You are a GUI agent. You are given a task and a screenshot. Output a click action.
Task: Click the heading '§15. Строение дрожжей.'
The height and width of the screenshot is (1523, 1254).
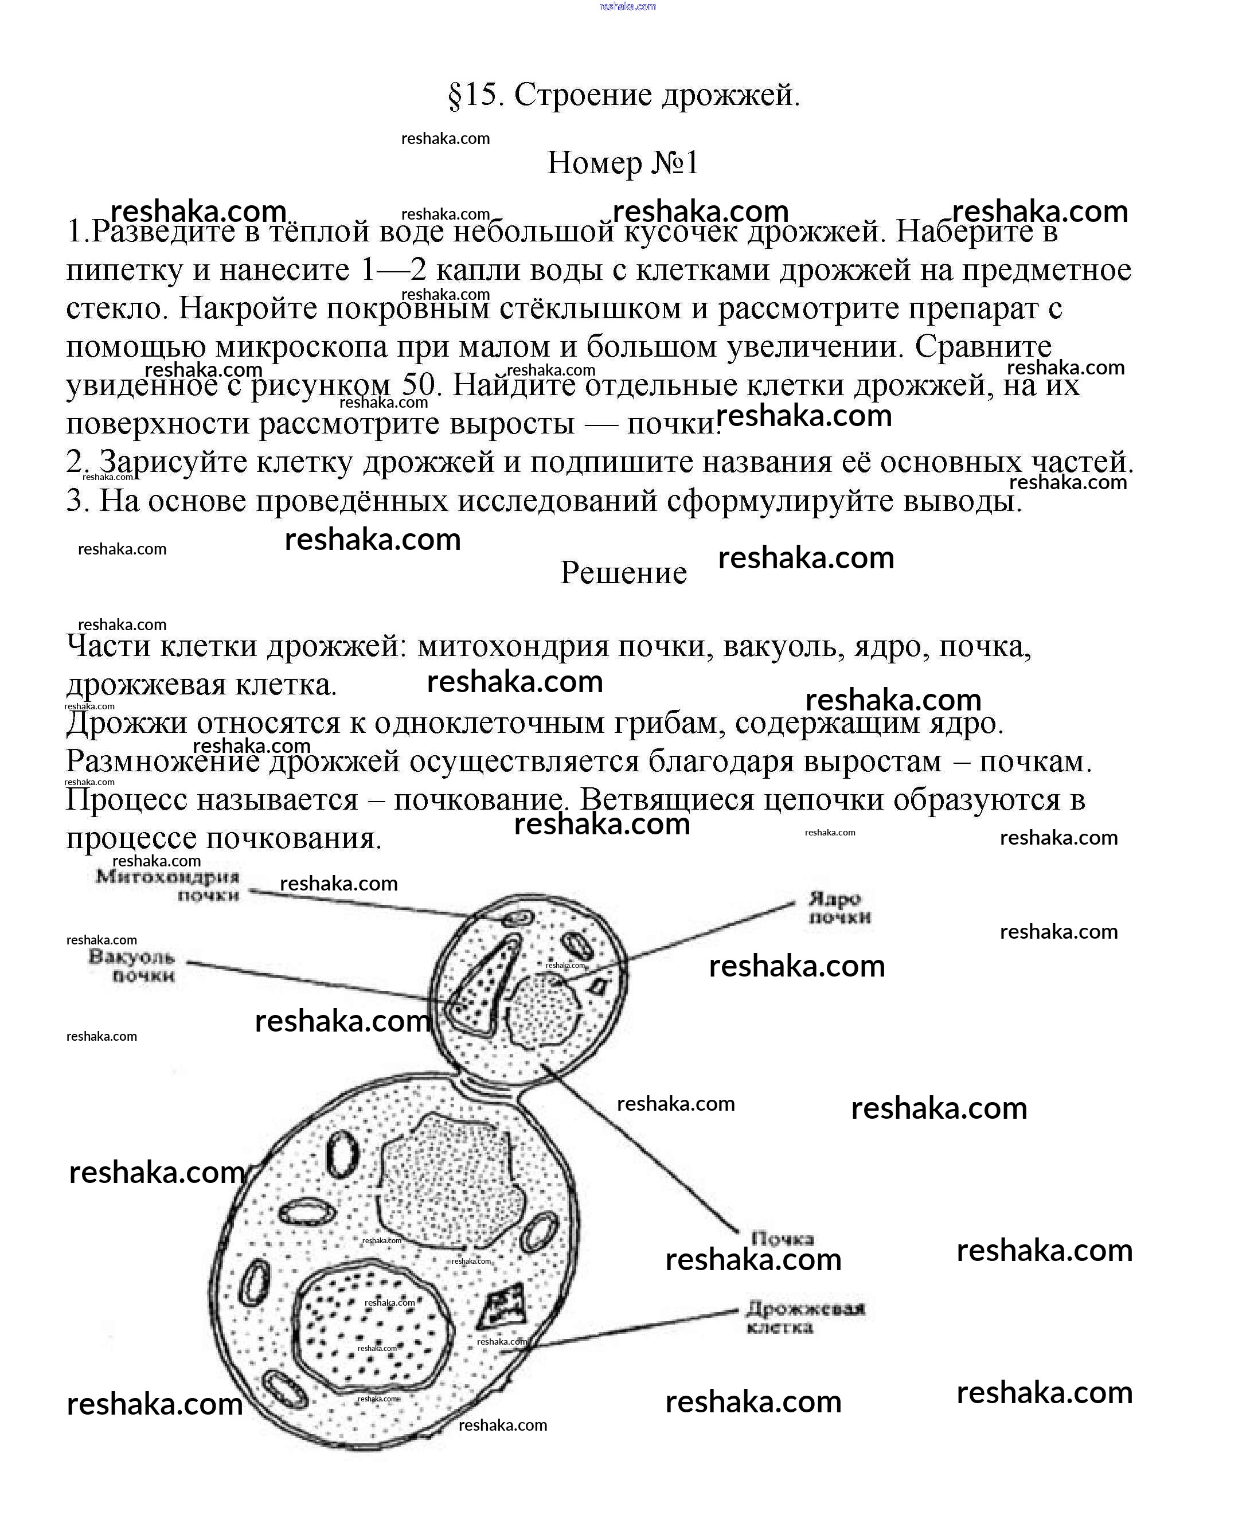624,95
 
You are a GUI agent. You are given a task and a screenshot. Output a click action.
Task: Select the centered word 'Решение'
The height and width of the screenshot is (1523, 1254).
623,573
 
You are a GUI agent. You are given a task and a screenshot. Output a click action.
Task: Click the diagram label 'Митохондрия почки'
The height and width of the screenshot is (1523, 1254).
167,886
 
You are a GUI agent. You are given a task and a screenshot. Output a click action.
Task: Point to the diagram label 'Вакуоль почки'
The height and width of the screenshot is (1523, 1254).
132,966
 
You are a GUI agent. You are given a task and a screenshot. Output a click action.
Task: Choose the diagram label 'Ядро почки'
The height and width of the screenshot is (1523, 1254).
839,908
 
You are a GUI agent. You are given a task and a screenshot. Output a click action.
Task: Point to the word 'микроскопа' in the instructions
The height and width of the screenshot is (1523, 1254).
302,347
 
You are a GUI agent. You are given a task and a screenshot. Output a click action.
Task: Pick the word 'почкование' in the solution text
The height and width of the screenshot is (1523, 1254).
478,800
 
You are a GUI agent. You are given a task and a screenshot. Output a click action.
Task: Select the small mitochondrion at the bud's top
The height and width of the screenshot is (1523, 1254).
518,918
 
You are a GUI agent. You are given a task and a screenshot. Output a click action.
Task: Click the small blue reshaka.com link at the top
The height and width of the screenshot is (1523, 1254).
627,6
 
